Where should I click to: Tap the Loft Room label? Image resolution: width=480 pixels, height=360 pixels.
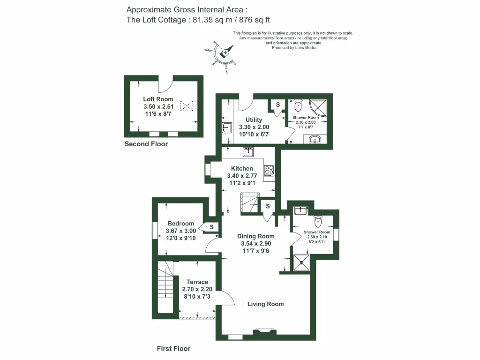click(x=158, y=99)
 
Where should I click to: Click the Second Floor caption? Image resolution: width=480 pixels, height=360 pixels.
click(x=146, y=144)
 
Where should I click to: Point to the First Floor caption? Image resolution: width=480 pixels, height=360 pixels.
click(x=173, y=349)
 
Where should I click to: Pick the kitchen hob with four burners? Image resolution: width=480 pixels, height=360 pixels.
click(x=270, y=171)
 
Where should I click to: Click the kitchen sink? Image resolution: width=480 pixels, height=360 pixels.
click(x=248, y=152)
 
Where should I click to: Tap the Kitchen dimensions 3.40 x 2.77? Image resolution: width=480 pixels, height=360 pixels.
click(x=242, y=176)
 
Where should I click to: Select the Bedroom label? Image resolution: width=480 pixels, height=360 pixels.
click(x=180, y=224)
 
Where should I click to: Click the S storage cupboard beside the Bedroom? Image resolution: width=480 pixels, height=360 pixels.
click(x=211, y=227)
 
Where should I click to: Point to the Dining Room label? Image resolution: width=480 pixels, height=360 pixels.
click(x=255, y=236)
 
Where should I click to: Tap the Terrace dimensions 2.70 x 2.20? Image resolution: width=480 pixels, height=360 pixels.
click(x=197, y=290)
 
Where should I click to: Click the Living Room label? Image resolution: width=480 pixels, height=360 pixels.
click(x=265, y=304)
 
